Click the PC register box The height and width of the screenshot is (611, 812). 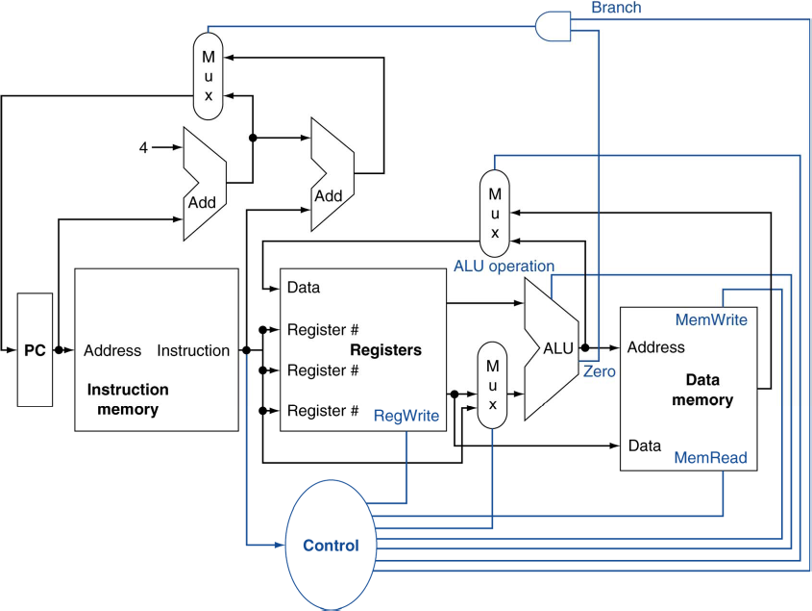point(35,351)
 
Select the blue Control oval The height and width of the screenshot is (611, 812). point(331,546)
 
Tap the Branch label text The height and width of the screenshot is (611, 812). point(616,8)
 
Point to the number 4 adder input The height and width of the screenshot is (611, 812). point(143,147)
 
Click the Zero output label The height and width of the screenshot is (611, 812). point(598,369)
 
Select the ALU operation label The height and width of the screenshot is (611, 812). point(504,266)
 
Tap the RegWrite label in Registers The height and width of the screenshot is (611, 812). point(406,416)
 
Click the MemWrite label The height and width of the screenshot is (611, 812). point(711,319)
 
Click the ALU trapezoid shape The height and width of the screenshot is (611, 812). point(554,349)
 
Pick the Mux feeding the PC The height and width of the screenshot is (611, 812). point(208,76)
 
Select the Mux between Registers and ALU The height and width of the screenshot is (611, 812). point(492,385)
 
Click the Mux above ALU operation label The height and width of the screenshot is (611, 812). point(494,205)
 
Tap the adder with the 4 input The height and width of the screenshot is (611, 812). point(204,183)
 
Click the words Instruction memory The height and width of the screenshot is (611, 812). point(128,399)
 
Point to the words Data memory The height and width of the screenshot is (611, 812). point(709,390)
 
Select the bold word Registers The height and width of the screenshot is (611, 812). point(385,350)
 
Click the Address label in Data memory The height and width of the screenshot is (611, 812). point(655,347)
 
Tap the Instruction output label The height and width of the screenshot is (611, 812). point(193,351)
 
